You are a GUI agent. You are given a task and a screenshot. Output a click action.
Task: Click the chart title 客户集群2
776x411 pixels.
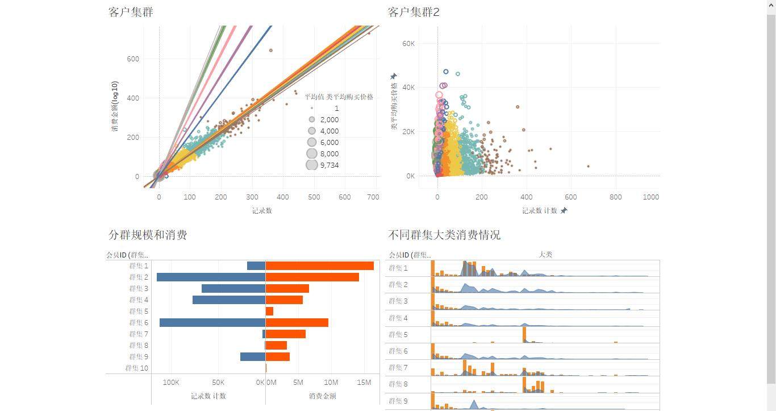[x=414, y=12]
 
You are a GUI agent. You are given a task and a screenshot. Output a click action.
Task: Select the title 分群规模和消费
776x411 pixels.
[x=148, y=235]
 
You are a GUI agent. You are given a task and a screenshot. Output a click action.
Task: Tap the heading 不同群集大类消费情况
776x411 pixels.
[x=444, y=235]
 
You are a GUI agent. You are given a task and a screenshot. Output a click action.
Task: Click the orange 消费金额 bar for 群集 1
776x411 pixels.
[x=319, y=265]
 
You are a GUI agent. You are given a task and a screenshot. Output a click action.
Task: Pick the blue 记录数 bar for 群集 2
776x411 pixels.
[x=211, y=277]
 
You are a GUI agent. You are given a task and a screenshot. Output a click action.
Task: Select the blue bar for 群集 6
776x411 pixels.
[x=212, y=322]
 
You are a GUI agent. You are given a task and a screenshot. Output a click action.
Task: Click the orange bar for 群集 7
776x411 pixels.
[x=285, y=334]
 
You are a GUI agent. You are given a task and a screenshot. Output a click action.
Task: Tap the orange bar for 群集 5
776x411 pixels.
[x=269, y=311]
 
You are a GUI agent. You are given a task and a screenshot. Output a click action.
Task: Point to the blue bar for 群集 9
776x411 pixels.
[x=253, y=356]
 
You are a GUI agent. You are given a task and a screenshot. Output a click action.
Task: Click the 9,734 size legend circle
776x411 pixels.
[x=312, y=165]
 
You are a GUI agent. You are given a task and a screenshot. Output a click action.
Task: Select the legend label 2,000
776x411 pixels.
[x=329, y=119]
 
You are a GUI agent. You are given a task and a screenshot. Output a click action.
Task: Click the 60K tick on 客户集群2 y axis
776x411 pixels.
[x=408, y=43]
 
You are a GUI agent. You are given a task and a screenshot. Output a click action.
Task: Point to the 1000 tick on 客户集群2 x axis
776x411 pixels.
[x=650, y=197]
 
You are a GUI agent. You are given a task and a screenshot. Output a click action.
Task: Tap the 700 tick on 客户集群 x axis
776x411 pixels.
[x=373, y=197]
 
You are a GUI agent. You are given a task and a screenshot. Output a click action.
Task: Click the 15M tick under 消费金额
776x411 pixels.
[x=364, y=382]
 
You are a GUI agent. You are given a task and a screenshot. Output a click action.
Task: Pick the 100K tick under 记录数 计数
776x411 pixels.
[x=171, y=382]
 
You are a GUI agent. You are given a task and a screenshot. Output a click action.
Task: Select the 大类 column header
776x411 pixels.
[x=545, y=254]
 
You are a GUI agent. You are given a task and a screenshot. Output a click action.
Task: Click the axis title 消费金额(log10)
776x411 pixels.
[x=115, y=106]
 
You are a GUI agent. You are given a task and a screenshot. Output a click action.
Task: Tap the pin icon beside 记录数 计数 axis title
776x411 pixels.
[x=564, y=210]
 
